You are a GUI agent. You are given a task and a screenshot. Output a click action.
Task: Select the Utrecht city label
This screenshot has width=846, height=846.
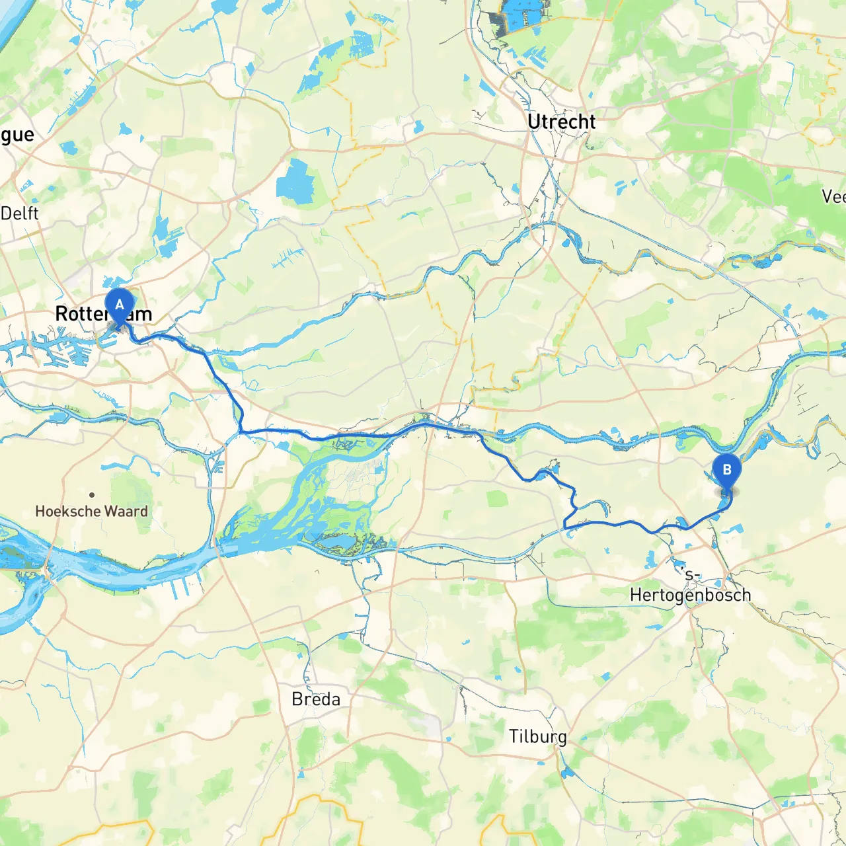coord(561,122)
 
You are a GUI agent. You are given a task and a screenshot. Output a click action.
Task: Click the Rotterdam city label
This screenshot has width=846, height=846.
coord(103,314)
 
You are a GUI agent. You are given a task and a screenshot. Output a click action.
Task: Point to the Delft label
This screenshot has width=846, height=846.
coord(20,213)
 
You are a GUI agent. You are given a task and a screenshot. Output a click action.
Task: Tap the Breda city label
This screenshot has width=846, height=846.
coord(316,699)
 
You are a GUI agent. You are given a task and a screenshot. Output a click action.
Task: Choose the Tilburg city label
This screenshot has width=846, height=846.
coord(537,737)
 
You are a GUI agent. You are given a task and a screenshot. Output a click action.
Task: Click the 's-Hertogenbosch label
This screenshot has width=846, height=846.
coord(690,587)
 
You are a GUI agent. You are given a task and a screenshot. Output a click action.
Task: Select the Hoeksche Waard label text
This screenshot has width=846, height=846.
coord(91,511)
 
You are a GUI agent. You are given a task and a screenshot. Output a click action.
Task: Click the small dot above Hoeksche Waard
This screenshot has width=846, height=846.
coord(92,494)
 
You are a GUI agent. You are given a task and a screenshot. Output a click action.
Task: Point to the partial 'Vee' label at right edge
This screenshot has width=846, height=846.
coord(833,196)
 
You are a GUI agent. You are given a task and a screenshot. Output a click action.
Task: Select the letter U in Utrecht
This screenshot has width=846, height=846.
coord(535,122)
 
